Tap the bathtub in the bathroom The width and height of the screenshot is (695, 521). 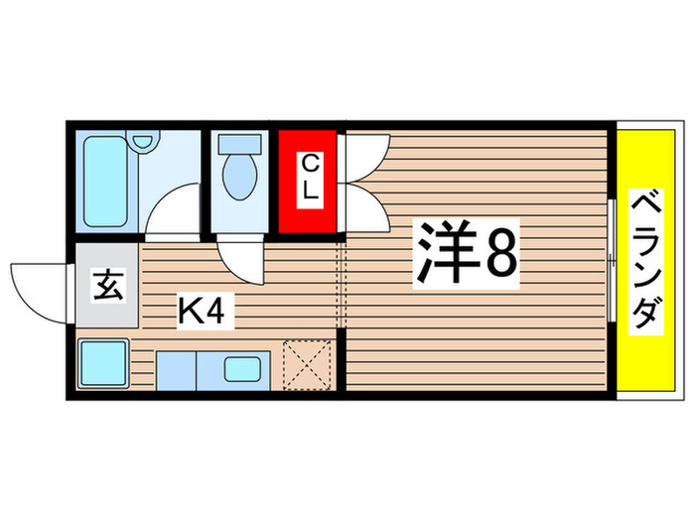107,181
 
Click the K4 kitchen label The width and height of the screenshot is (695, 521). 205,314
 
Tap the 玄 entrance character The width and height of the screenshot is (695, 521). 108,287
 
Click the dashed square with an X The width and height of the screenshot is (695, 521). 307,363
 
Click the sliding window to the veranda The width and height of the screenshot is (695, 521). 610,261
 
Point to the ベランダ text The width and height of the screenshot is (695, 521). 646,260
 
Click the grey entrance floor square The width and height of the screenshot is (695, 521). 108,292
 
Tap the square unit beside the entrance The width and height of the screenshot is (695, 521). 104,364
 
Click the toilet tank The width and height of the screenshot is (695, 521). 238,142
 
